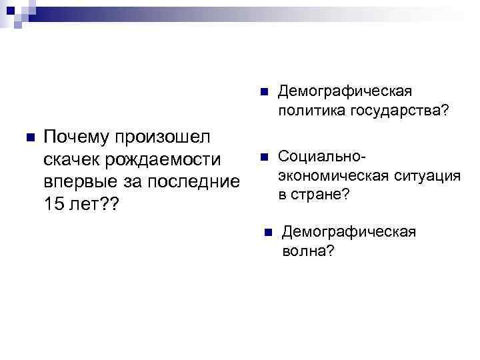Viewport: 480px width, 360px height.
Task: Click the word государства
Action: pos(399,109)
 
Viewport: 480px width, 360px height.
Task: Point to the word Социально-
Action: pos(322,156)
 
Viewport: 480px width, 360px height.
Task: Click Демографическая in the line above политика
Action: pos(346,90)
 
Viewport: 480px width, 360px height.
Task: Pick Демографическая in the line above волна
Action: pos(349,232)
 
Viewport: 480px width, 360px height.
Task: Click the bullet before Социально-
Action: pos(262,157)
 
